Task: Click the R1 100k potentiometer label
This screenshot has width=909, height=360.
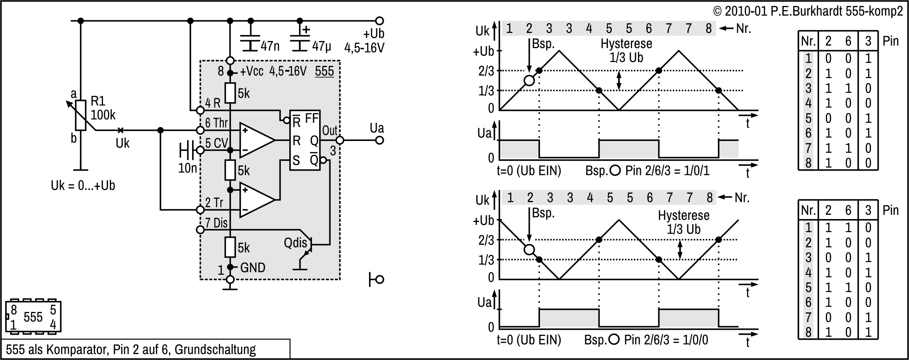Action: click(x=103, y=108)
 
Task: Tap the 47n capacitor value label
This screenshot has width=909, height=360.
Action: click(x=270, y=46)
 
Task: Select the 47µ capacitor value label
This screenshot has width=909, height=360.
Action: click(x=321, y=46)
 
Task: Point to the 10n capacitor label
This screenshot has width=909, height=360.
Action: click(x=187, y=168)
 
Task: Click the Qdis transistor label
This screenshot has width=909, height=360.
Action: click(x=295, y=243)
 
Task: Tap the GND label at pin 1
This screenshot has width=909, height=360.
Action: click(x=252, y=268)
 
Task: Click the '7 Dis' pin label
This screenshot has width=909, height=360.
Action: click(x=216, y=223)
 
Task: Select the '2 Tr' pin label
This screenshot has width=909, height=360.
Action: click(x=214, y=203)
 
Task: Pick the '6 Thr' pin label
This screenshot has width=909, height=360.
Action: click(x=216, y=123)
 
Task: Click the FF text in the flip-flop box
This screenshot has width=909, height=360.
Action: click(x=312, y=119)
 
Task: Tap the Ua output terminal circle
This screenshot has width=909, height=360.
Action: click(x=380, y=140)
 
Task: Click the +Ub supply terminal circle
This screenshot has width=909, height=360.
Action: click(x=380, y=20)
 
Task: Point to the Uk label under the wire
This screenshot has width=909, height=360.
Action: click(x=122, y=143)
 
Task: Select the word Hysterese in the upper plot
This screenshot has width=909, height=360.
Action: click(x=626, y=43)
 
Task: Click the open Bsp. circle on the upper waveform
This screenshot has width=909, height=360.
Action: click(x=529, y=80)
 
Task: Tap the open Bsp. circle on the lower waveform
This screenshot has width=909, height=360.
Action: click(x=529, y=249)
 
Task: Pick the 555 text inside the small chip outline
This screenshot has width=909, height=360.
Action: click(x=33, y=317)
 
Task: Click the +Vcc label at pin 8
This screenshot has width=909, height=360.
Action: click(x=252, y=71)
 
